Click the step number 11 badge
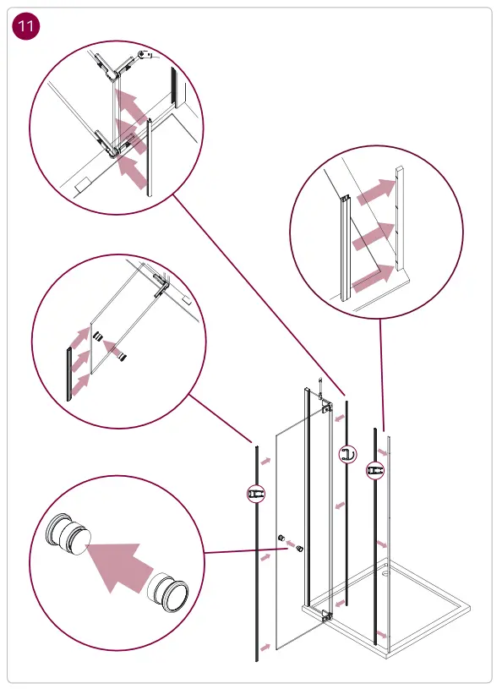pos(26,27)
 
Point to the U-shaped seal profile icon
pos(347,454)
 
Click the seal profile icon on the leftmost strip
pos(256,492)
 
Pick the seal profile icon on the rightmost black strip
pos(375,470)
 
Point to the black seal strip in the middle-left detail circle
pos(68,372)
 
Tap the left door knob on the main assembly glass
pos(281,539)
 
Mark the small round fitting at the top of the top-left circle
pos(150,55)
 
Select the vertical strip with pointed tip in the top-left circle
pos(150,156)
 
